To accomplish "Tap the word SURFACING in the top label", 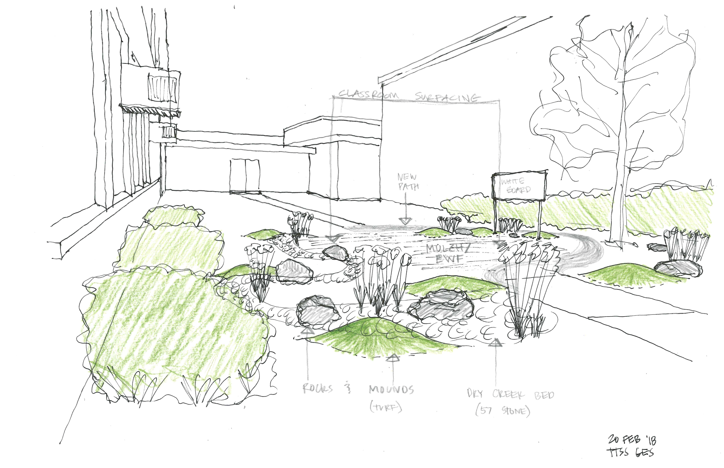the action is pyautogui.click(x=447, y=97).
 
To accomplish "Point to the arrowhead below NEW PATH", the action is pyautogui.click(x=405, y=221).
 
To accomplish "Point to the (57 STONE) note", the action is pyautogui.click(x=503, y=411).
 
